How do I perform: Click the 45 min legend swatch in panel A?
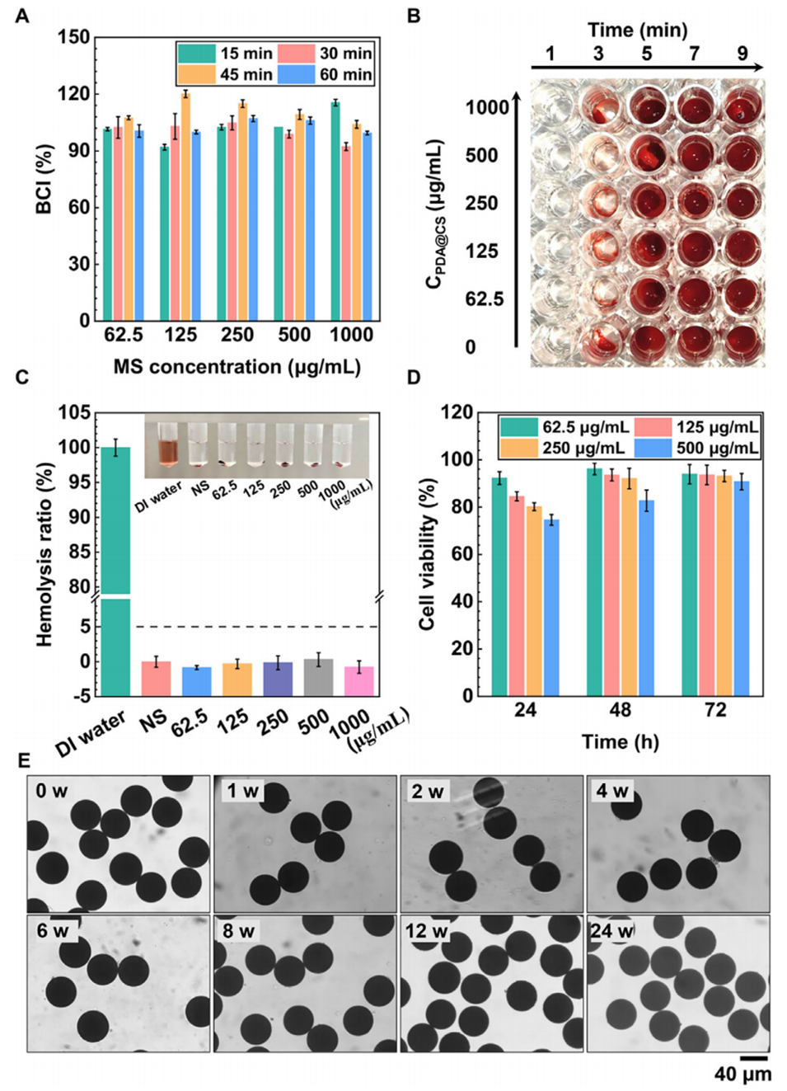pyautogui.click(x=196, y=75)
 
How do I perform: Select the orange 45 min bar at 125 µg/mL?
pyautogui.click(x=185, y=206)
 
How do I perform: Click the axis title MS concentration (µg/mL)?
pyautogui.click(x=237, y=367)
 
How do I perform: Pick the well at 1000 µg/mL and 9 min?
pyautogui.click(x=742, y=108)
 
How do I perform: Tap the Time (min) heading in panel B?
pyautogui.click(x=638, y=30)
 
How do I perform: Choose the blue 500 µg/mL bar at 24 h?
pyautogui.click(x=551, y=608)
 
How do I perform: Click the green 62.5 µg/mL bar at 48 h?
pyautogui.click(x=594, y=582)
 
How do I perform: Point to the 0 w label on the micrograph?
pyautogui.click(x=51, y=792)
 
